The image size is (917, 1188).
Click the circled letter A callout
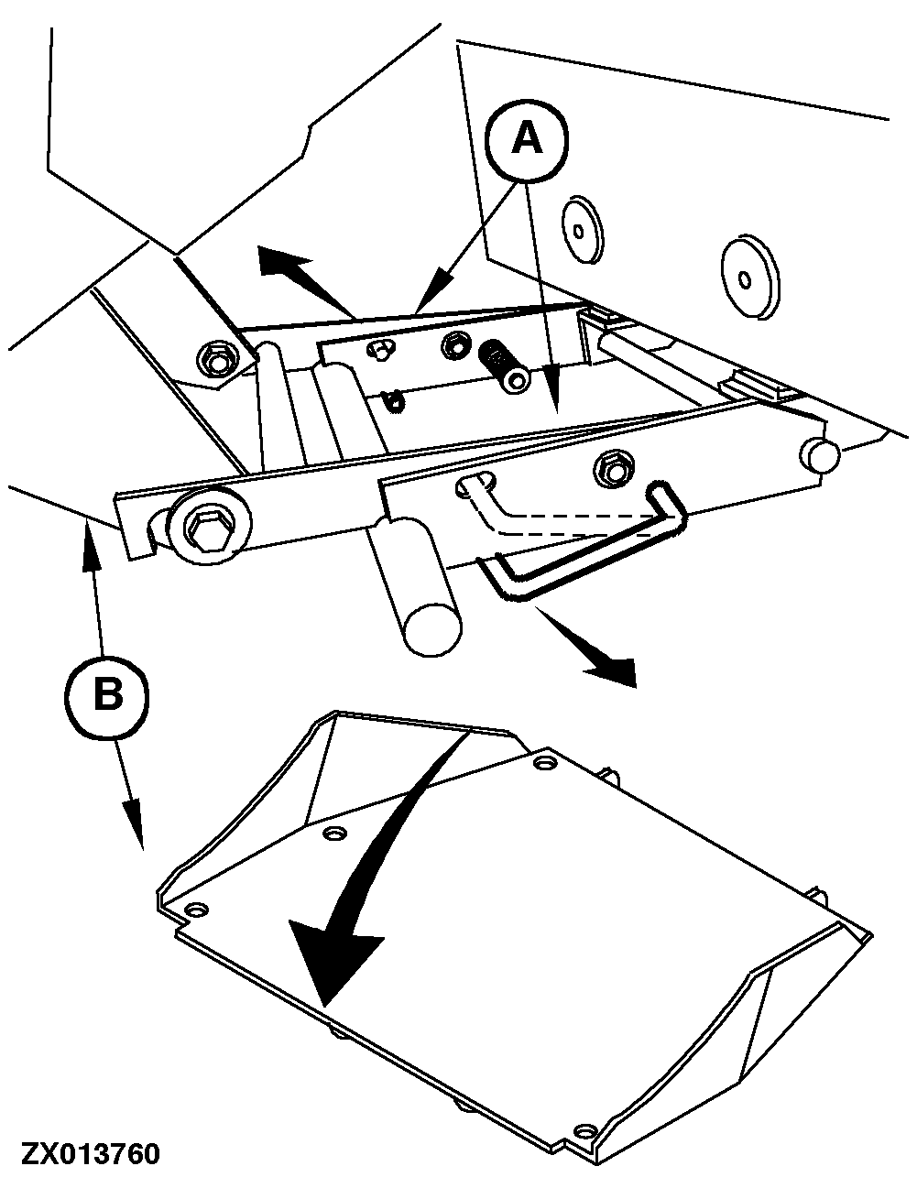coord(527,139)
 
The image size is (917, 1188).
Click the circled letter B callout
coord(108,698)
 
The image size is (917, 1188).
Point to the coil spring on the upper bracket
coord(503,365)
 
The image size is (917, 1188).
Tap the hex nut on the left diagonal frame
coord(217,359)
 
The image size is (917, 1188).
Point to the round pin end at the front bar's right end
coord(819,453)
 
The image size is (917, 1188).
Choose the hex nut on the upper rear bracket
coord(453,343)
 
